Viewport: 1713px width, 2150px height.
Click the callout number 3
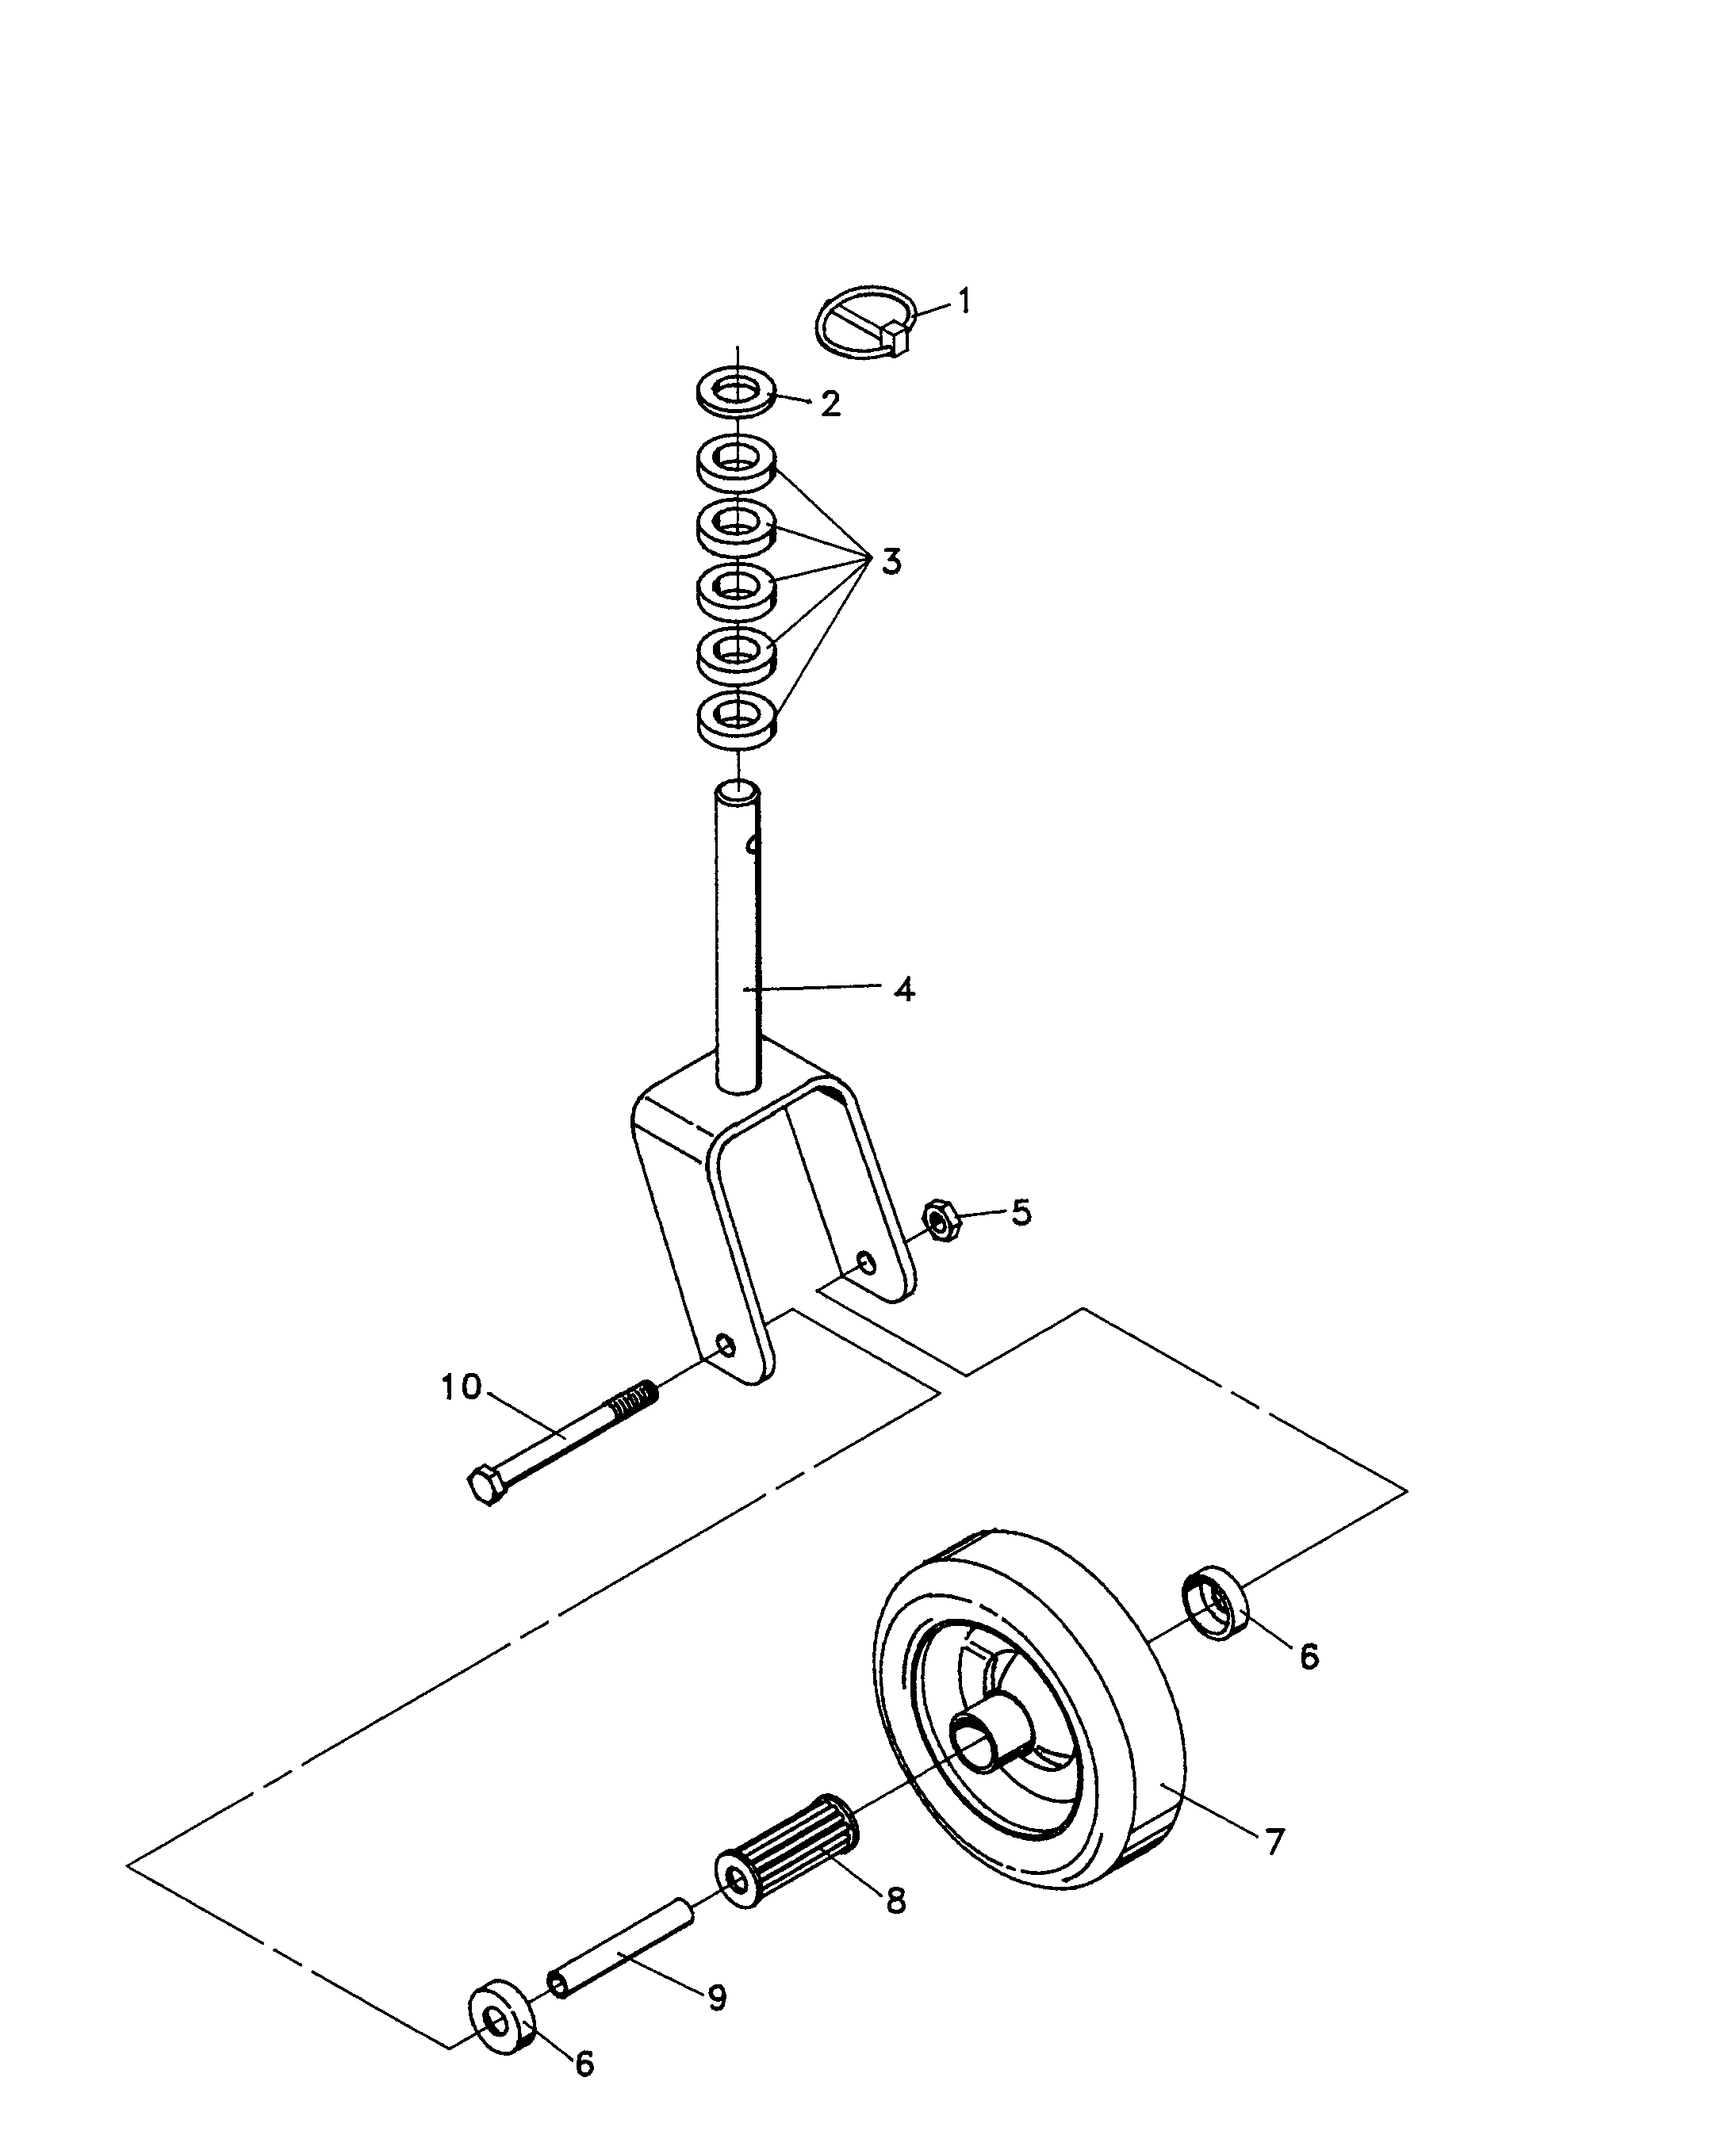(891, 562)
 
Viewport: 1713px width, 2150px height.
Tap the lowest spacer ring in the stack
(738, 719)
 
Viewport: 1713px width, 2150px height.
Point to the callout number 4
(904, 989)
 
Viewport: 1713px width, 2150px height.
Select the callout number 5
(1021, 1213)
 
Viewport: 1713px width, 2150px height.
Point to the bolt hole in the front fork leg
(726, 1347)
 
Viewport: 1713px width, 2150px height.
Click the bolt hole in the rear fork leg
(867, 1264)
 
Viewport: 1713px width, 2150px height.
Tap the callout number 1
(964, 300)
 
